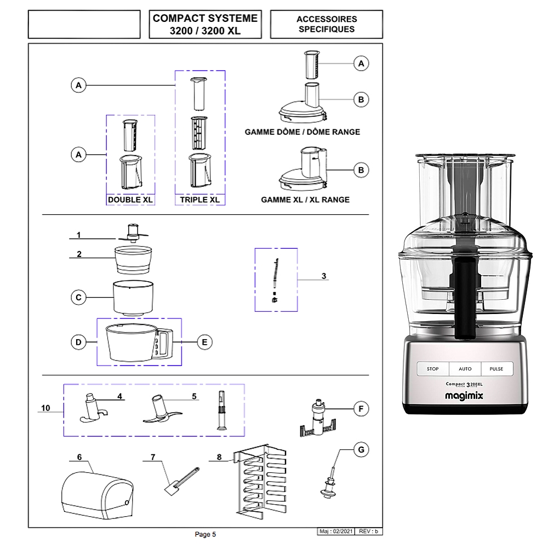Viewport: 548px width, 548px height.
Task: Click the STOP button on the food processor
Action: [x=433, y=369]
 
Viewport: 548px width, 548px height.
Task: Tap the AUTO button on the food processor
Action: [x=465, y=369]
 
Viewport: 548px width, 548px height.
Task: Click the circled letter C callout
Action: [x=79, y=298]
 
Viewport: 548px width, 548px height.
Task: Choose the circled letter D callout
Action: [x=79, y=341]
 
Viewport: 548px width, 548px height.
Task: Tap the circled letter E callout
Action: [x=204, y=341]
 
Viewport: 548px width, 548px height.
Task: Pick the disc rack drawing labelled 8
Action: [x=257, y=479]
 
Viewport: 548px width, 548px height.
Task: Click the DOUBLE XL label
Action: [x=130, y=200]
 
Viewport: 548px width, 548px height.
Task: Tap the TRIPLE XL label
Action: [x=199, y=200]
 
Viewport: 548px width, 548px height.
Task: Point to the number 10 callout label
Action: [x=45, y=408]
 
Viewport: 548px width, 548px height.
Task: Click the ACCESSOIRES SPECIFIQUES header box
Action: [x=326, y=25]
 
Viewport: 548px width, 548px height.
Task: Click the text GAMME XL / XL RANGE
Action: [x=305, y=200]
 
